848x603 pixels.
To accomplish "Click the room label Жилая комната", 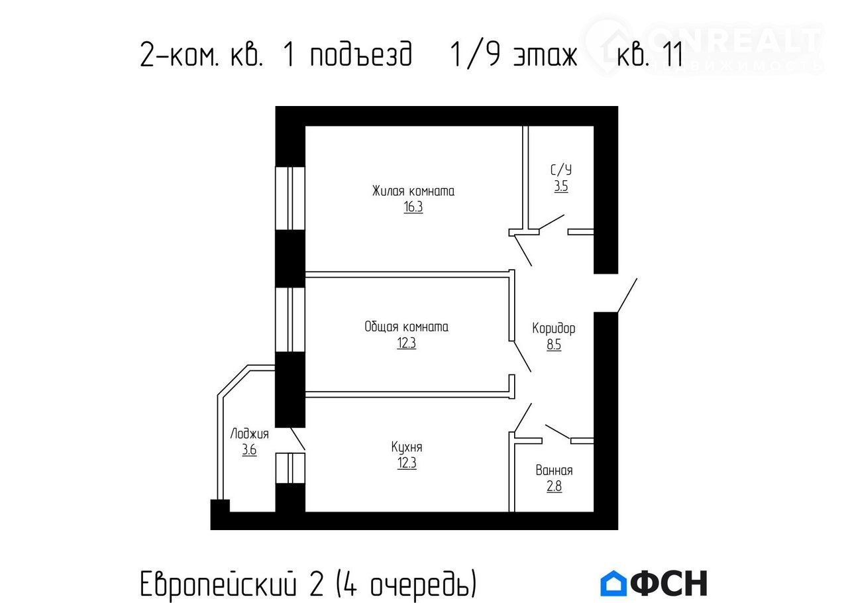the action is [x=413, y=191].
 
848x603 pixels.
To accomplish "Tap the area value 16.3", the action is [x=413, y=207].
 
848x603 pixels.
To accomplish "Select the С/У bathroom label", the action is [x=561, y=170].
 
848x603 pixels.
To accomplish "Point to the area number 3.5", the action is [x=561, y=186].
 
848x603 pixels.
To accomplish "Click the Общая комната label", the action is [x=406, y=327].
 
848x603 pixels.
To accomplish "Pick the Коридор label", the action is [x=553, y=329].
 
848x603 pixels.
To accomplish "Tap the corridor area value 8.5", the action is [x=553, y=345].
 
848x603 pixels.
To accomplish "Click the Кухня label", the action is [x=407, y=447].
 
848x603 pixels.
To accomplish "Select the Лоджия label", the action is [x=249, y=434].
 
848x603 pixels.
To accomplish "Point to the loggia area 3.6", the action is [x=249, y=450].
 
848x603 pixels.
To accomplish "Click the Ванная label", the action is [x=554, y=470].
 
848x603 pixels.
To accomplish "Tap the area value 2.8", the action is [x=554, y=486].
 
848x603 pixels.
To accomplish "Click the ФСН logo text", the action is [x=668, y=583].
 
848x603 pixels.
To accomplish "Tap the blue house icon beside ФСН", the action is [x=613, y=583].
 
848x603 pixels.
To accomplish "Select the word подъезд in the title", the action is [x=361, y=54].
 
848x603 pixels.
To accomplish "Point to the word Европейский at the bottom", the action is [x=218, y=584].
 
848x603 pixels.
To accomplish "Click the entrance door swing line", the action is [x=627, y=296].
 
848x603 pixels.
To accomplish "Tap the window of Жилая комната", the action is [x=290, y=198].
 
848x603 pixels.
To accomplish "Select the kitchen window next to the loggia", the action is [x=290, y=468].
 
